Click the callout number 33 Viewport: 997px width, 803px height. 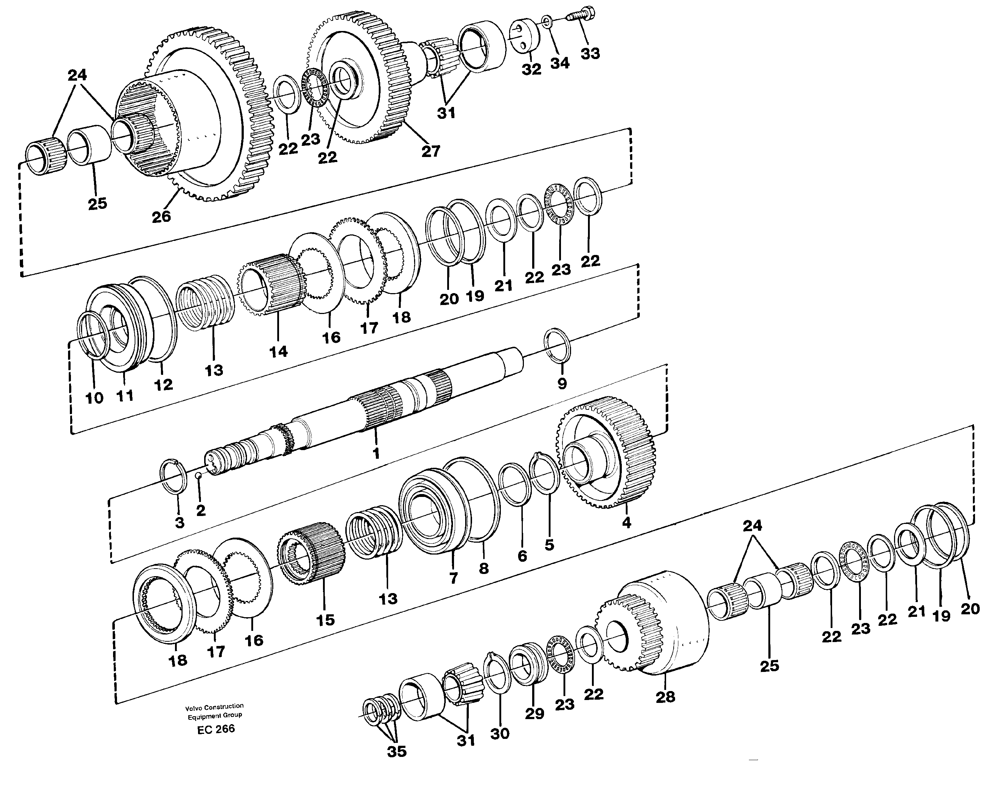[x=590, y=53]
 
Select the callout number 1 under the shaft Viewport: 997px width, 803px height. [x=376, y=453]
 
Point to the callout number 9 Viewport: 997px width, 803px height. [x=562, y=383]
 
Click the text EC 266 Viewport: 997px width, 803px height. [x=215, y=729]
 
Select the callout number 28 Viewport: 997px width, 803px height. [x=665, y=697]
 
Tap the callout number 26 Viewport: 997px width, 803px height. [x=161, y=216]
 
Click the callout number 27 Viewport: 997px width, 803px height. [x=431, y=151]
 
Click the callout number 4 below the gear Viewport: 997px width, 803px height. [x=626, y=523]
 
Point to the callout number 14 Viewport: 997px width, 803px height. [x=278, y=351]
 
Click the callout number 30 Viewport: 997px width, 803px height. [x=499, y=734]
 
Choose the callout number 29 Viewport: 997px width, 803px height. [x=534, y=714]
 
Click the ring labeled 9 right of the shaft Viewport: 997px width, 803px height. [x=558, y=344]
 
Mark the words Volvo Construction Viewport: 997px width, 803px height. [x=214, y=706]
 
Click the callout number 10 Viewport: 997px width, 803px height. [x=94, y=398]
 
